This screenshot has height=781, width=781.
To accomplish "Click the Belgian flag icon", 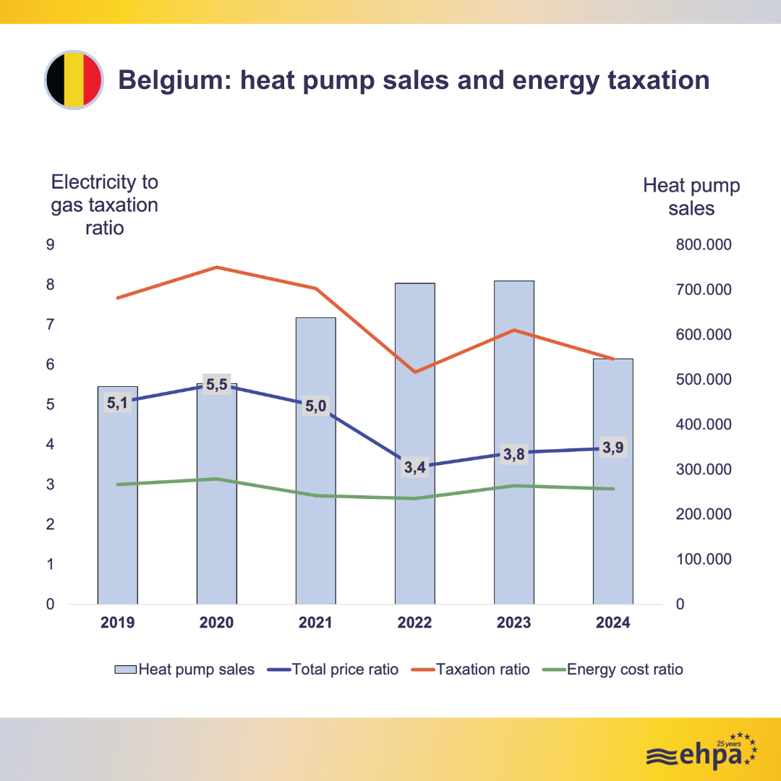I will [x=73, y=80].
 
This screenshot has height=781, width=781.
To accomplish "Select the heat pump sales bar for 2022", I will [x=414, y=506].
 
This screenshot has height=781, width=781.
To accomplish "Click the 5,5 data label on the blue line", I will [x=217, y=385].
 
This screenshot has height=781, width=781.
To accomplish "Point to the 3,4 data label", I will [x=414, y=467].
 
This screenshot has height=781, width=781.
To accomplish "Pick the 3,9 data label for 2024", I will [x=613, y=448].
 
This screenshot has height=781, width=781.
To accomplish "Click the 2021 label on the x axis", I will [x=315, y=623].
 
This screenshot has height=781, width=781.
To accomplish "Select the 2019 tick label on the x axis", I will [x=117, y=623].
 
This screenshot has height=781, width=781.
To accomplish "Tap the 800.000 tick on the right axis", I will [x=704, y=245].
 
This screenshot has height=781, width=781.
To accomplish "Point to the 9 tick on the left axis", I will [x=51, y=245].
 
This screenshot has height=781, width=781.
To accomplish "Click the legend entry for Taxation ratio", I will [x=482, y=670].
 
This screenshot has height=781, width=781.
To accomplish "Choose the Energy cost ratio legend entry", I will [x=624, y=670].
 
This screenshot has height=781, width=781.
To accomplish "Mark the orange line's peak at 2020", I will [x=217, y=268].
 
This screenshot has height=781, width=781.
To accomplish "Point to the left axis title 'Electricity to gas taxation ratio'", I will [x=104, y=205].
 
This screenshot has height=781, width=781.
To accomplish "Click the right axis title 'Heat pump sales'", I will [x=691, y=197].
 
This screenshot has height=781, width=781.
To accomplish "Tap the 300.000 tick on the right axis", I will [x=704, y=469].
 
